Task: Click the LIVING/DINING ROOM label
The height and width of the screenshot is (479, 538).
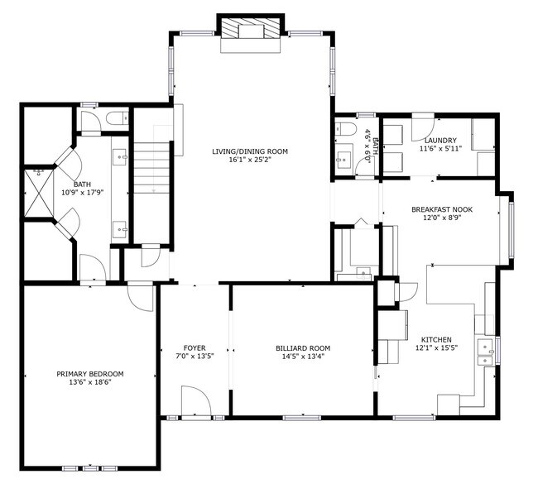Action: [x=249, y=151]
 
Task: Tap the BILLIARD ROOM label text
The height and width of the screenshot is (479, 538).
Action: [x=303, y=348]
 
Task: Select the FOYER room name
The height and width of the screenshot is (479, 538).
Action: [x=195, y=348]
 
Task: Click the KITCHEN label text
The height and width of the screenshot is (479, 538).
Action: [x=436, y=340]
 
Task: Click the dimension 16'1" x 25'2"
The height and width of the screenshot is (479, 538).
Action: [x=249, y=160]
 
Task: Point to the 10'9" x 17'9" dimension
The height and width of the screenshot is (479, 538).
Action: [x=83, y=193]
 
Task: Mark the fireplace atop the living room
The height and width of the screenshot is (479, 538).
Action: [x=252, y=31]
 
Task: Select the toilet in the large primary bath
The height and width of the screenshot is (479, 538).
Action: [x=117, y=119]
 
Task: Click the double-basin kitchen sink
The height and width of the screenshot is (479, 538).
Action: [x=485, y=351]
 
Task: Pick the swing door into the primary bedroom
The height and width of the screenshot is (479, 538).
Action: [x=141, y=296]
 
